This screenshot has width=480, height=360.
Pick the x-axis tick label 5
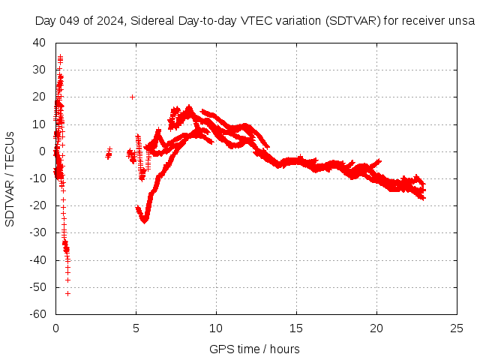click(x=136, y=328)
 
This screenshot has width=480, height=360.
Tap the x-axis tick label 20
click(x=376, y=328)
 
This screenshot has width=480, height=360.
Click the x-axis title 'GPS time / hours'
click(x=256, y=349)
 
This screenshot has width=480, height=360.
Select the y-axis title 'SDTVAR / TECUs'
click(x=10, y=178)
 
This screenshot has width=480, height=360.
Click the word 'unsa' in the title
click(x=461, y=21)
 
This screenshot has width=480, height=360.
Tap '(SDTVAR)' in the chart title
click(x=353, y=21)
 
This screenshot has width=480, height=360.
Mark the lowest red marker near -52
click(x=67, y=293)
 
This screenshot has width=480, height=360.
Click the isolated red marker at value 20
click(x=132, y=97)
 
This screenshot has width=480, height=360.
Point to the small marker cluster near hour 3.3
click(x=109, y=154)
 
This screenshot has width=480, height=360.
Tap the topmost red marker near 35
click(x=60, y=56)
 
